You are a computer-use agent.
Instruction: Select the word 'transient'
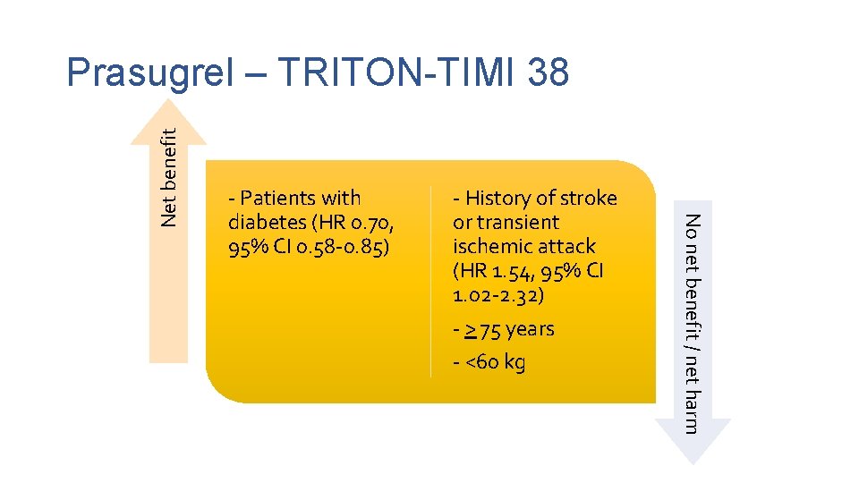click(x=519, y=222)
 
